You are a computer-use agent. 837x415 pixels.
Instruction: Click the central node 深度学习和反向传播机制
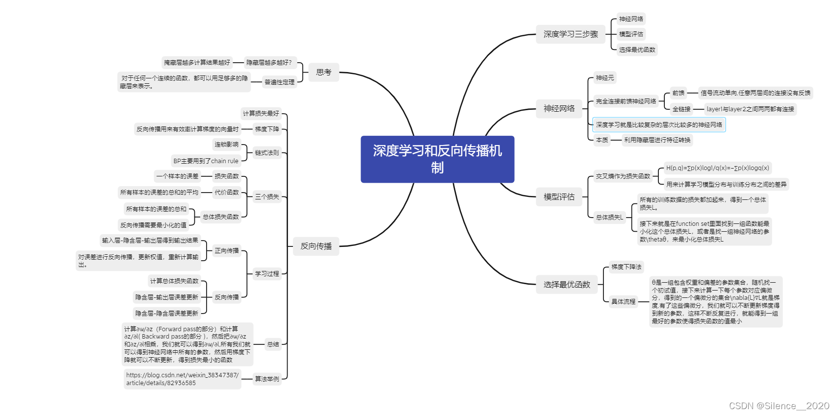click(437, 159)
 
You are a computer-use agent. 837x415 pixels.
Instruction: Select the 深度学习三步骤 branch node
click(570, 34)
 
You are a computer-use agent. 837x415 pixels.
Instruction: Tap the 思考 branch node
click(324, 73)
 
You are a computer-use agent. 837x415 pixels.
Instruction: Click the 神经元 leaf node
click(604, 78)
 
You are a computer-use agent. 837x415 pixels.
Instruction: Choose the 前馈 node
click(678, 93)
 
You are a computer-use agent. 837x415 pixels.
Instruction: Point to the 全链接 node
click(681, 109)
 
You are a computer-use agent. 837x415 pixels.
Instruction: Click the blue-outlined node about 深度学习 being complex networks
click(658, 125)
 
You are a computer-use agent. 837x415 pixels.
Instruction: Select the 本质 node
click(602, 140)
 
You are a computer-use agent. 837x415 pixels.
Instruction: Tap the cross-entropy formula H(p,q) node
click(717, 168)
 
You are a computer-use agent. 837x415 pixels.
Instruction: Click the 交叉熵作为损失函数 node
click(623, 176)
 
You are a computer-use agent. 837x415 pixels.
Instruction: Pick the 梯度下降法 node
click(626, 267)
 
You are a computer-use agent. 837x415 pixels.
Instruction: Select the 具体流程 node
click(623, 302)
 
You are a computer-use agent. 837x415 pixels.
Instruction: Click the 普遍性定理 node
click(279, 82)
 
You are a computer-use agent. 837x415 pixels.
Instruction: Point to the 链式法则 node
click(266, 153)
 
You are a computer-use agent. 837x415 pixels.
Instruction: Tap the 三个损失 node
click(266, 197)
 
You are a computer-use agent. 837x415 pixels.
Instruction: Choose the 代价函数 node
click(226, 193)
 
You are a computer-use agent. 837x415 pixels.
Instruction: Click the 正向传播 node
click(226, 251)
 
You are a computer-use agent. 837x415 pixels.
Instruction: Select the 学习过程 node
click(266, 274)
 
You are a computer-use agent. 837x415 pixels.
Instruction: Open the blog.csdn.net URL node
click(182, 379)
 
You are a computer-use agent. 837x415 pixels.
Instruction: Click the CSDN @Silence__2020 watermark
click(779, 406)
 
